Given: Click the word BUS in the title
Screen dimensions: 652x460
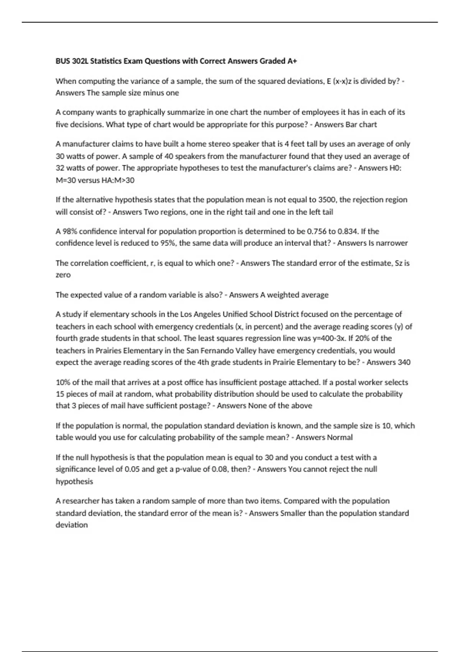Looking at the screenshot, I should click(x=63, y=61).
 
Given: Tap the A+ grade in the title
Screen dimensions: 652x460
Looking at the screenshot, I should click(x=292, y=61).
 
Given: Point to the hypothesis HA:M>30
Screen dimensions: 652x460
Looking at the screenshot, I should click(x=118, y=180).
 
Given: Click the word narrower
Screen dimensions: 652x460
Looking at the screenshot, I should click(x=393, y=243).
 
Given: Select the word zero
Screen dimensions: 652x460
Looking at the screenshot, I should click(x=63, y=275).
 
